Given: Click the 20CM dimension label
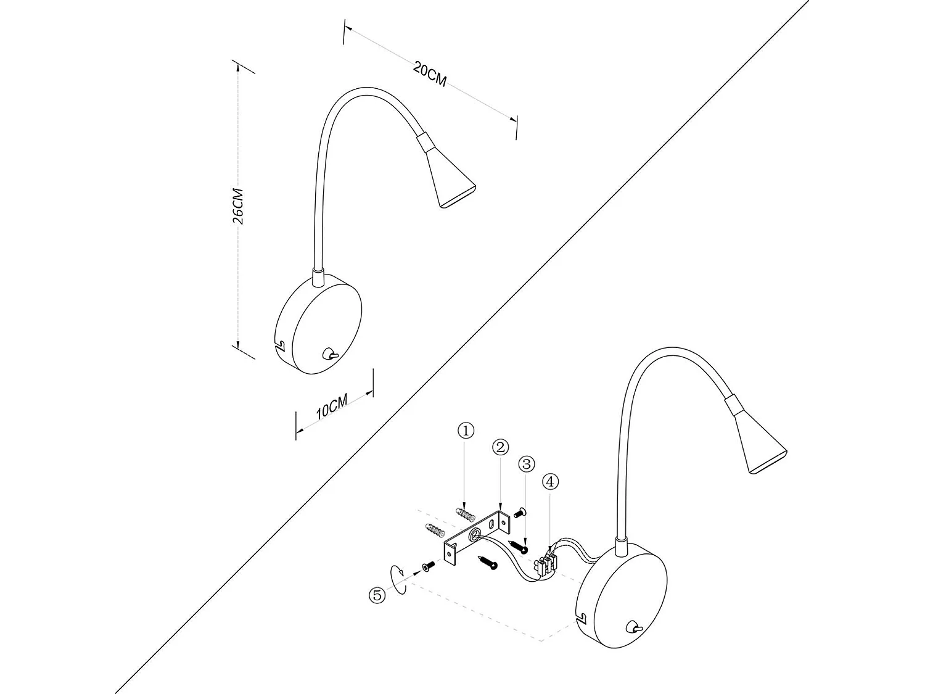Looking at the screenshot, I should click(x=430, y=75).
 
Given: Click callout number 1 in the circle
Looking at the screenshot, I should click(x=466, y=431).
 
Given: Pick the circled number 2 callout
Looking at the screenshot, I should click(x=500, y=447).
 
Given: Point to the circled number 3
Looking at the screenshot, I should click(x=526, y=464).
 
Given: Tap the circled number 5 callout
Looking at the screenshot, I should click(x=377, y=595).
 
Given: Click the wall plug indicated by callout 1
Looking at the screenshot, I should click(x=466, y=513).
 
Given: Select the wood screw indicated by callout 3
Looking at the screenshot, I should click(x=519, y=546).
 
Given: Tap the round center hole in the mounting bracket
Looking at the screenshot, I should click(x=475, y=536).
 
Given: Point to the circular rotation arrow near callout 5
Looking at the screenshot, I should click(x=398, y=579).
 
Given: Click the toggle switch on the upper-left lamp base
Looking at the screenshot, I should click(x=330, y=354).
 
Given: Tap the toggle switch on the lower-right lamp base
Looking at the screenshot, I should click(x=633, y=629).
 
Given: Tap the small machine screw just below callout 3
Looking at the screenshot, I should click(x=518, y=511).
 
